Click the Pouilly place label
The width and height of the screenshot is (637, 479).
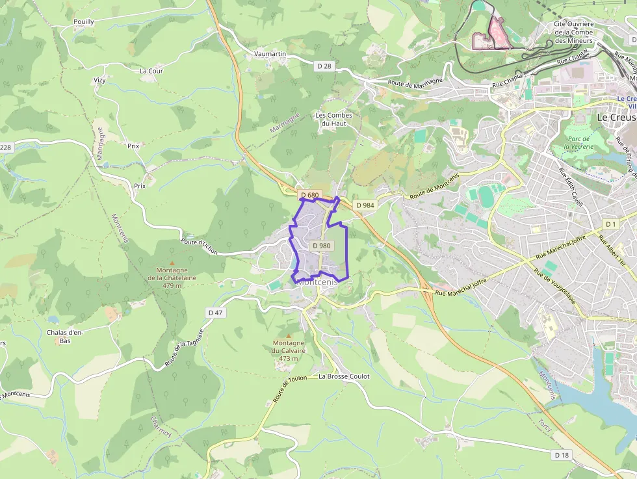84,21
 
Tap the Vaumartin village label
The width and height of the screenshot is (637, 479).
270,54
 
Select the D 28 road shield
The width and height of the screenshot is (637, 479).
324,66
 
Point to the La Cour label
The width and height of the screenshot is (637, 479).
151,71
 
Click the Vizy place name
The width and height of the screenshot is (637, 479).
99,80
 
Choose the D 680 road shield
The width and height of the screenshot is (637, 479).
310,195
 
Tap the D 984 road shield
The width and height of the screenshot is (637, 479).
366,205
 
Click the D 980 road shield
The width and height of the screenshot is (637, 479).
321,246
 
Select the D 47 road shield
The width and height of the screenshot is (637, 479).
216,313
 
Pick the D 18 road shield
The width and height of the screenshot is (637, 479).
562,455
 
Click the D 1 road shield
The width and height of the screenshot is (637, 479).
610,224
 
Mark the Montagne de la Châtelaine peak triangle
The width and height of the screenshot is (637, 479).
172,263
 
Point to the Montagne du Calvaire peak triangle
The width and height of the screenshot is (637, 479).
289,335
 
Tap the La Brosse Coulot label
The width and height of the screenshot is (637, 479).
344,376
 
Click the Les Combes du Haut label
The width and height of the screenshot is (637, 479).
334,120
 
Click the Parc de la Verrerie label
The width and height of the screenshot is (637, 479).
578,142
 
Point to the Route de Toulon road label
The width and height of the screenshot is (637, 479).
289,389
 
